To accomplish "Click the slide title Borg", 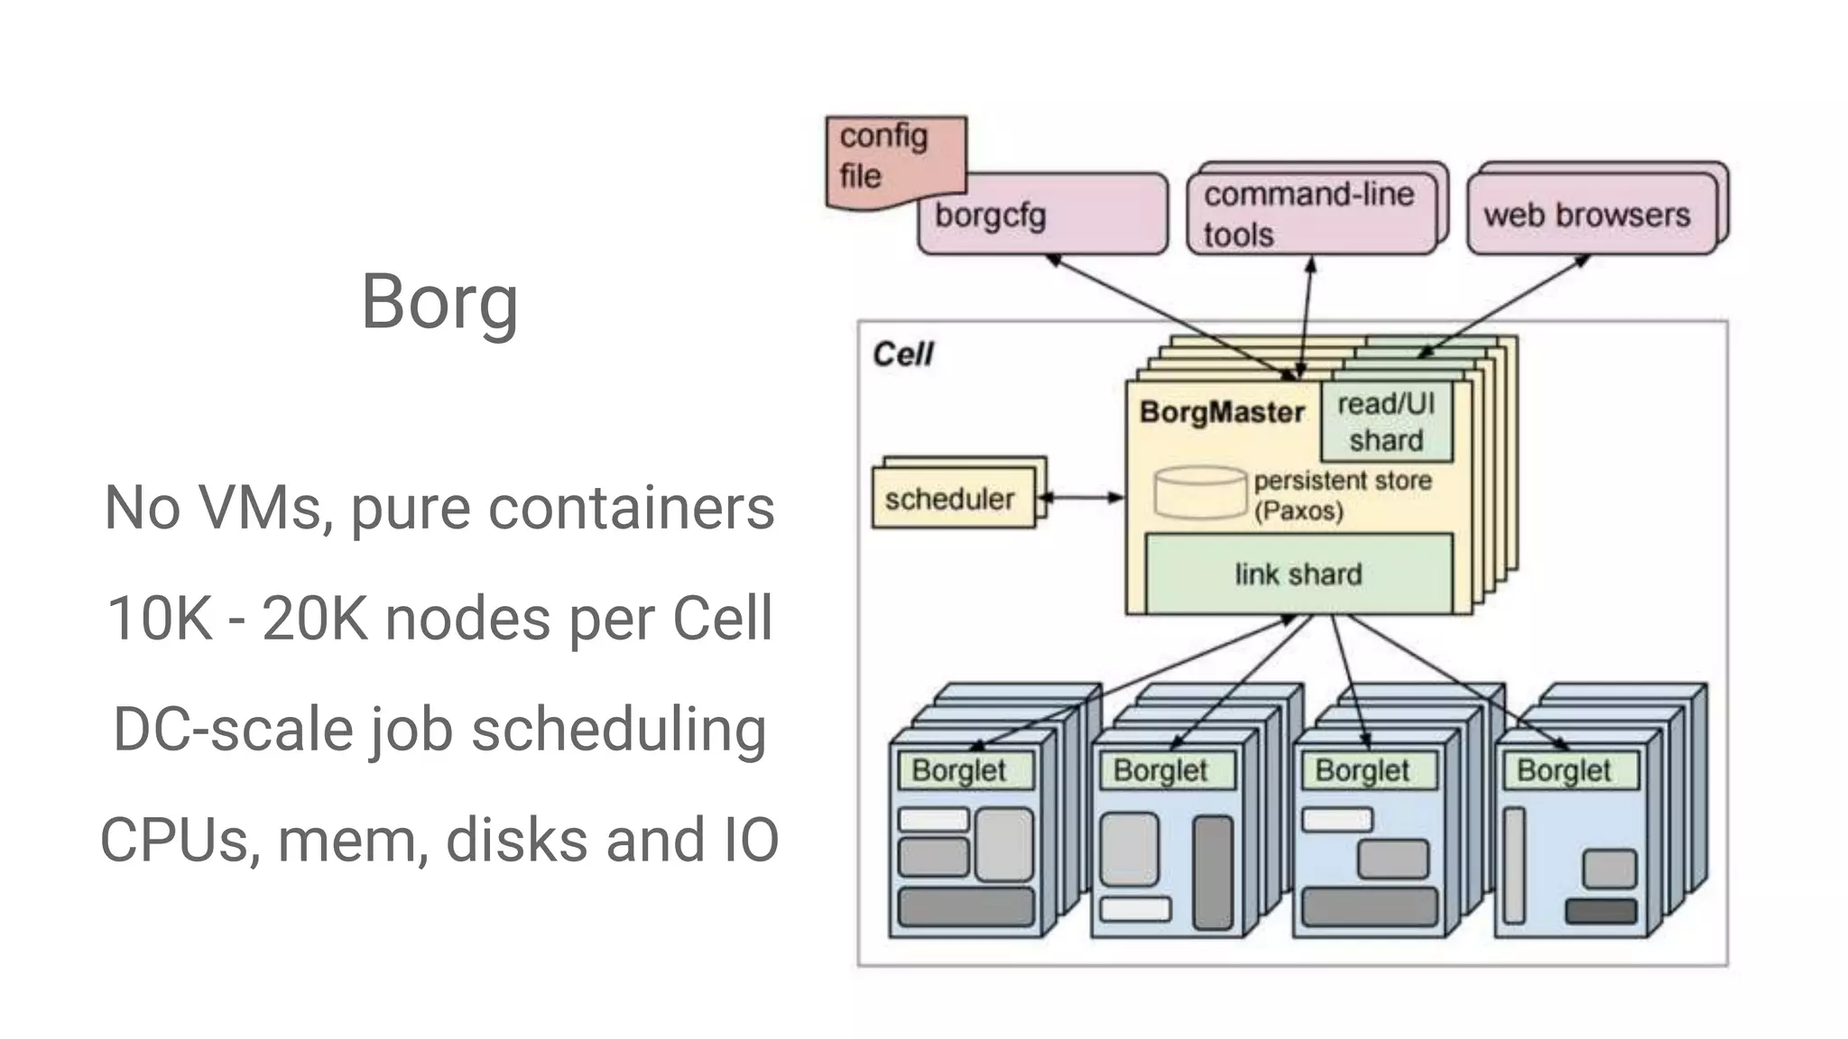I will pos(439,302).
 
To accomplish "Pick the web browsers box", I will pos(1588,215).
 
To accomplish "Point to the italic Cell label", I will pos(902,354).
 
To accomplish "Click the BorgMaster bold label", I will pos(1222,412).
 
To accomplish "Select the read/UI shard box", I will pos(1386,422).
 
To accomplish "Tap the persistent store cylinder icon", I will pos(1200,492).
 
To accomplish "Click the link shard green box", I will pos(1298,574).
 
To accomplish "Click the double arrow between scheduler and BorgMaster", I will pos(1081,497).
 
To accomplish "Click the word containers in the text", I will pos(632,507).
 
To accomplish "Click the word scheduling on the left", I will pos(619,730).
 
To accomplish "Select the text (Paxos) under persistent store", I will pos(1298,511).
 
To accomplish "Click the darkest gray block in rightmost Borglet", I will pos(1601,911).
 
